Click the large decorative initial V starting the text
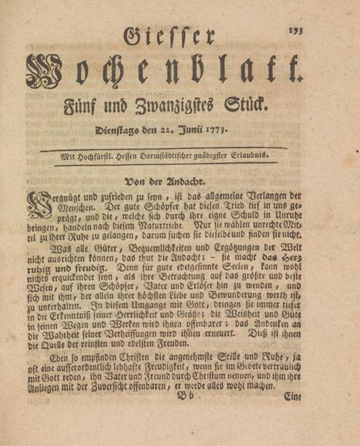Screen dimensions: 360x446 pos(35,206)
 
